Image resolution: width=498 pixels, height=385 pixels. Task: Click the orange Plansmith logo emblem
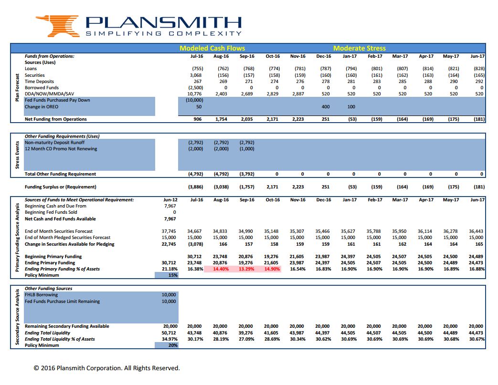pos(58,26)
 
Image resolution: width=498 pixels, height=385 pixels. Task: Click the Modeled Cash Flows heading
pos(212,48)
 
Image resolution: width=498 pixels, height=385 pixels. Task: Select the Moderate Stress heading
pos(359,48)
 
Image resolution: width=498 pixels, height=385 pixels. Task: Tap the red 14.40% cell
pos(221,269)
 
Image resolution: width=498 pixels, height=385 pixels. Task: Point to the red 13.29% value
pos(246,269)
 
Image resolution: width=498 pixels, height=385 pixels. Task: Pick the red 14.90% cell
pos(272,269)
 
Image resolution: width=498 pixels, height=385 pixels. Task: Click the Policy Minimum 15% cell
pos(167,275)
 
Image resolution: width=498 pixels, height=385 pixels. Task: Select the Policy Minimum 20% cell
pos(167,345)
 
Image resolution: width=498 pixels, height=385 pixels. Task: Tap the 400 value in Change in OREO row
pos(326,107)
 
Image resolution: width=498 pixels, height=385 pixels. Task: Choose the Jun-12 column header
pos(170,199)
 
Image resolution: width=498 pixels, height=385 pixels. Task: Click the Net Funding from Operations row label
pos(55,119)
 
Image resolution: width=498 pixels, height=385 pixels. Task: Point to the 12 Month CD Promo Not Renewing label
pos(61,148)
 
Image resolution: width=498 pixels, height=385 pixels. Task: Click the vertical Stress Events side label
pos(17,155)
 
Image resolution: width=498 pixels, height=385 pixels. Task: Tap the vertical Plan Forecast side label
pos(17,88)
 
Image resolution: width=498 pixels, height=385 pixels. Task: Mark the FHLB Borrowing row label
pos(41,294)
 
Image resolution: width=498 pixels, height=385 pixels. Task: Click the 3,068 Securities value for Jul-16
pos(196,75)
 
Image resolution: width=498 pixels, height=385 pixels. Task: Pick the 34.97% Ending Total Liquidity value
pos(170,339)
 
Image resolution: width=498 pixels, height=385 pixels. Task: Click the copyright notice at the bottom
pos(107,368)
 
